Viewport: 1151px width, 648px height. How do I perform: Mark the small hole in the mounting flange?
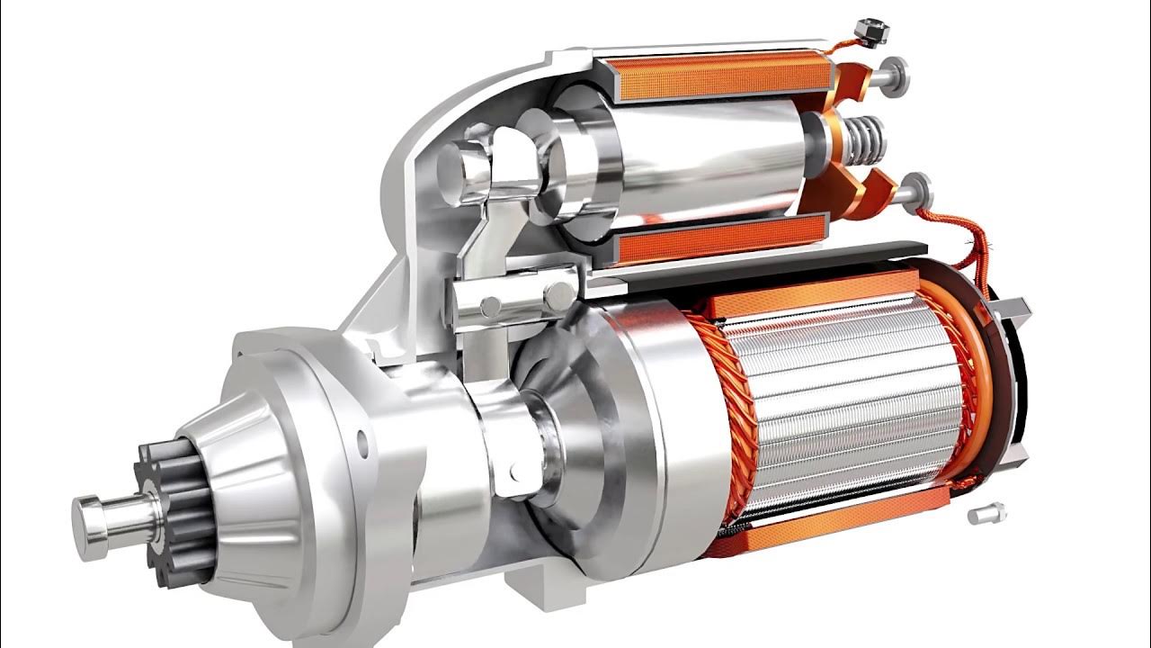[x=362, y=442]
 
